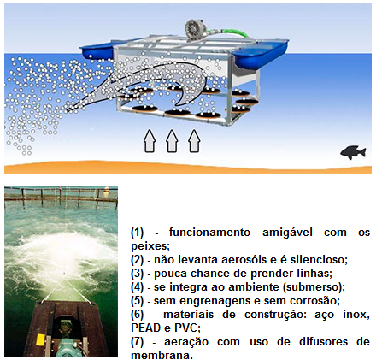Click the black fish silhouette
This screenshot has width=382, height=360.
(353, 152)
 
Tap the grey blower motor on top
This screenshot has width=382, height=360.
(196, 30)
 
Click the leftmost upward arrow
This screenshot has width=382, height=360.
(150, 141)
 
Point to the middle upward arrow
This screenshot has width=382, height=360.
(172, 141)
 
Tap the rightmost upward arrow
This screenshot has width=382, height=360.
(195, 141)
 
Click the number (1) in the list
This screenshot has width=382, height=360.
(137, 233)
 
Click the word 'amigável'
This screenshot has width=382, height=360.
(287, 233)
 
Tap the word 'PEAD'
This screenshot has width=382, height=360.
(145, 328)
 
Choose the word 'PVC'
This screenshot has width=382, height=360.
(185, 328)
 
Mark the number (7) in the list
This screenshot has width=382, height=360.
(137, 342)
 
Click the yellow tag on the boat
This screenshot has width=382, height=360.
(41, 339)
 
